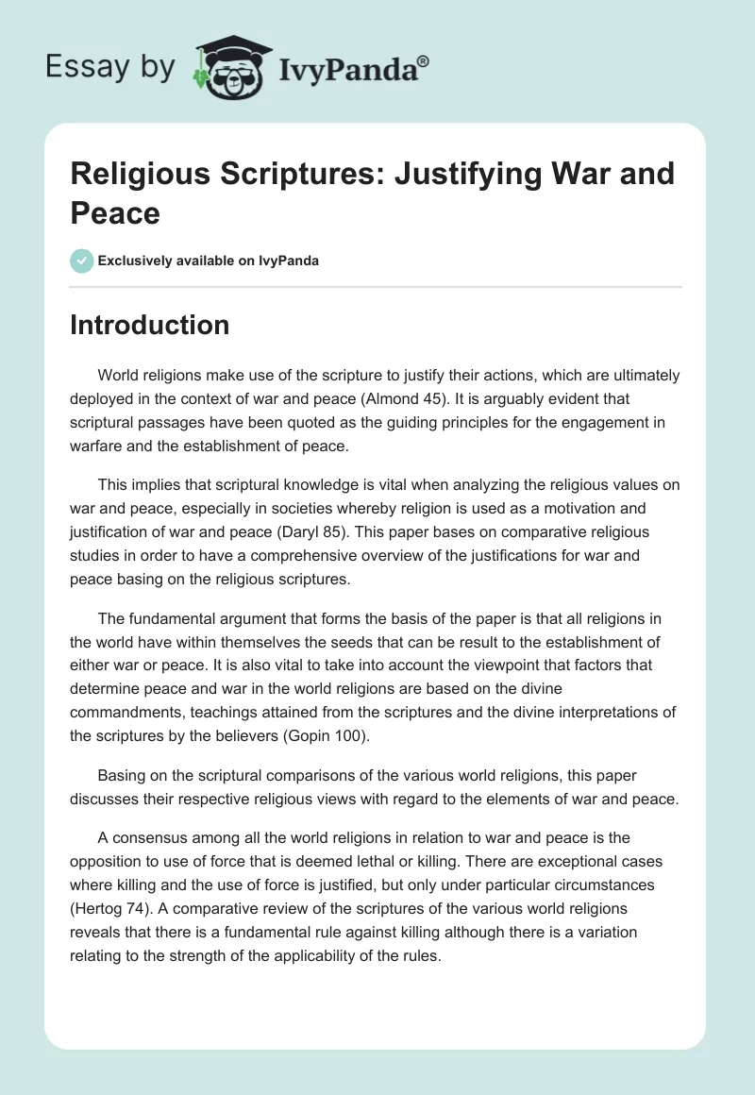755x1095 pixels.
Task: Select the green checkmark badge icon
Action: [82, 261]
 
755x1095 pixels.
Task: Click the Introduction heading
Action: [150, 325]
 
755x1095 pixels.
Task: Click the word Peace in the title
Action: [114, 212]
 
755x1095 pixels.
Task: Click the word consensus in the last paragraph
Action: [152, 837]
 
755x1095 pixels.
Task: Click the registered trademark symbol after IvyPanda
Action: [424, 60]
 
